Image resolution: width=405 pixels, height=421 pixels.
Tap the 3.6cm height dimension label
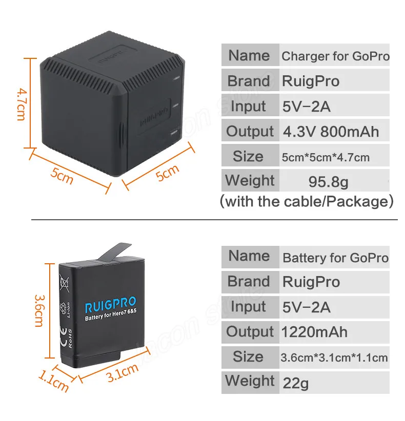coord(39,311)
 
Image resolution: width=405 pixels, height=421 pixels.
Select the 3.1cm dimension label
coord(123,372)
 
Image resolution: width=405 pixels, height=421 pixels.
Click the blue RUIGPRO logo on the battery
coord(111,305)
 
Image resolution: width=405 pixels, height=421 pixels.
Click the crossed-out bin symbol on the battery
coord(64,283)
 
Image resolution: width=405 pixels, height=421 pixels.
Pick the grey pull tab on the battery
coord(114,252)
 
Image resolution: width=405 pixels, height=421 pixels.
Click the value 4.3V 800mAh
coord(331,132)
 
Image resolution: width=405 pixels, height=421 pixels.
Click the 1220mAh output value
coord(314,332)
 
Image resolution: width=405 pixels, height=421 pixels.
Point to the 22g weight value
coord(296,383)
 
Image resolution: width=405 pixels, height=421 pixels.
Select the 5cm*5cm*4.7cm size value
coord(326,157)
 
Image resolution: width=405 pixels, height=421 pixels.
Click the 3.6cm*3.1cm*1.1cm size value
coord(334,357)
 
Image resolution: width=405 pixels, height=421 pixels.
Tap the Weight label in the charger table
coord(250,180)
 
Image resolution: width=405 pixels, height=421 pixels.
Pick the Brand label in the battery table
coord(249,281)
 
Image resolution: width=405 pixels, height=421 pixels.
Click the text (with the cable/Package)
coord(307,201)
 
